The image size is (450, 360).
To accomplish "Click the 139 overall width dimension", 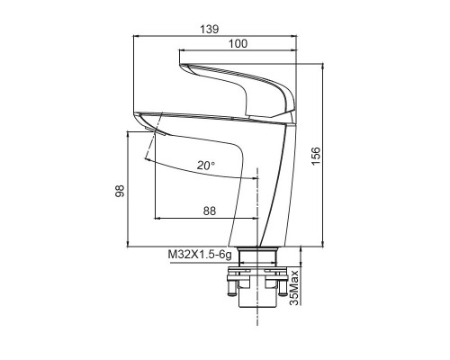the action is [x=210, y=30].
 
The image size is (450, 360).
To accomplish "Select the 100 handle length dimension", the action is [x=238, y=44].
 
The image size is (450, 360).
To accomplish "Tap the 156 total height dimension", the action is [x=316, y=156].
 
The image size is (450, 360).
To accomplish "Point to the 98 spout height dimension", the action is [x=120, y=191].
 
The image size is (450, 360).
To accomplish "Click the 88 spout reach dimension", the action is [x=210, y=211].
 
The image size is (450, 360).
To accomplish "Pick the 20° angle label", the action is [x=206, y=166].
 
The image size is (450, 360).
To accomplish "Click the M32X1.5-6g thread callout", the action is [x=200, y=255].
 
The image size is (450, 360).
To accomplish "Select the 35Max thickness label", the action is [x=295, y=288].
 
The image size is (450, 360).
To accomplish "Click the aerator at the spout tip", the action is [x=155, y=131].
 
